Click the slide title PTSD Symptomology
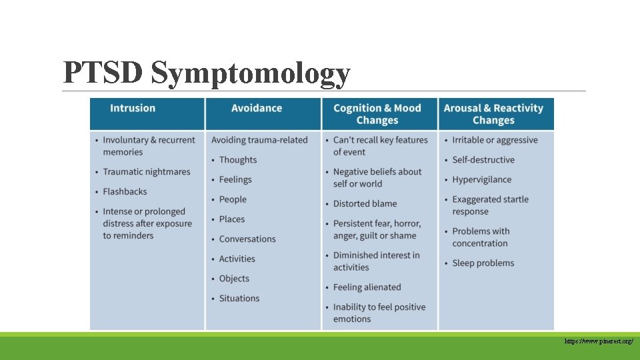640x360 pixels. [x=206, y=73]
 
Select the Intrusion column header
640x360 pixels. [x=133, y=108]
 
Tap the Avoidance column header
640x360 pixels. [x=257, y=108]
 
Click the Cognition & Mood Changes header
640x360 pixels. [x=377, y=114]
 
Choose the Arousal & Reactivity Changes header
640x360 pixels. [x=493, y=114]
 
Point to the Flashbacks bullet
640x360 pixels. [x=125, y=191]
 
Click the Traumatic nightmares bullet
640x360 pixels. [x=147, y=172]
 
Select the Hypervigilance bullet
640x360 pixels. [x=481, y=179]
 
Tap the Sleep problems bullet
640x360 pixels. [x=483, y=263]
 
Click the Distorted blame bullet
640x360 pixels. [x=365, y=204]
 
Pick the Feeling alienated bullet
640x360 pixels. [x=367, y=287]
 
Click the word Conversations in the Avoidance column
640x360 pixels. [x=247, y=239]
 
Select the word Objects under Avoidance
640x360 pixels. [x=234, y=279]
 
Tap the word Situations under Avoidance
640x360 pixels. [x=239, y=299]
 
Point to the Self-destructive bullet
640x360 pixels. [x=483, y=160]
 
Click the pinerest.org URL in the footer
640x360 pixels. [x=598, y=341]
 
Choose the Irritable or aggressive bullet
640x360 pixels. [x=494, y=140]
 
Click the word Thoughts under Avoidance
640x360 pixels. [x=238, y=160]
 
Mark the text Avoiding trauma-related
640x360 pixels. [x=259, y=140]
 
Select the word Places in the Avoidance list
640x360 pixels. [x=232, y=219]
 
